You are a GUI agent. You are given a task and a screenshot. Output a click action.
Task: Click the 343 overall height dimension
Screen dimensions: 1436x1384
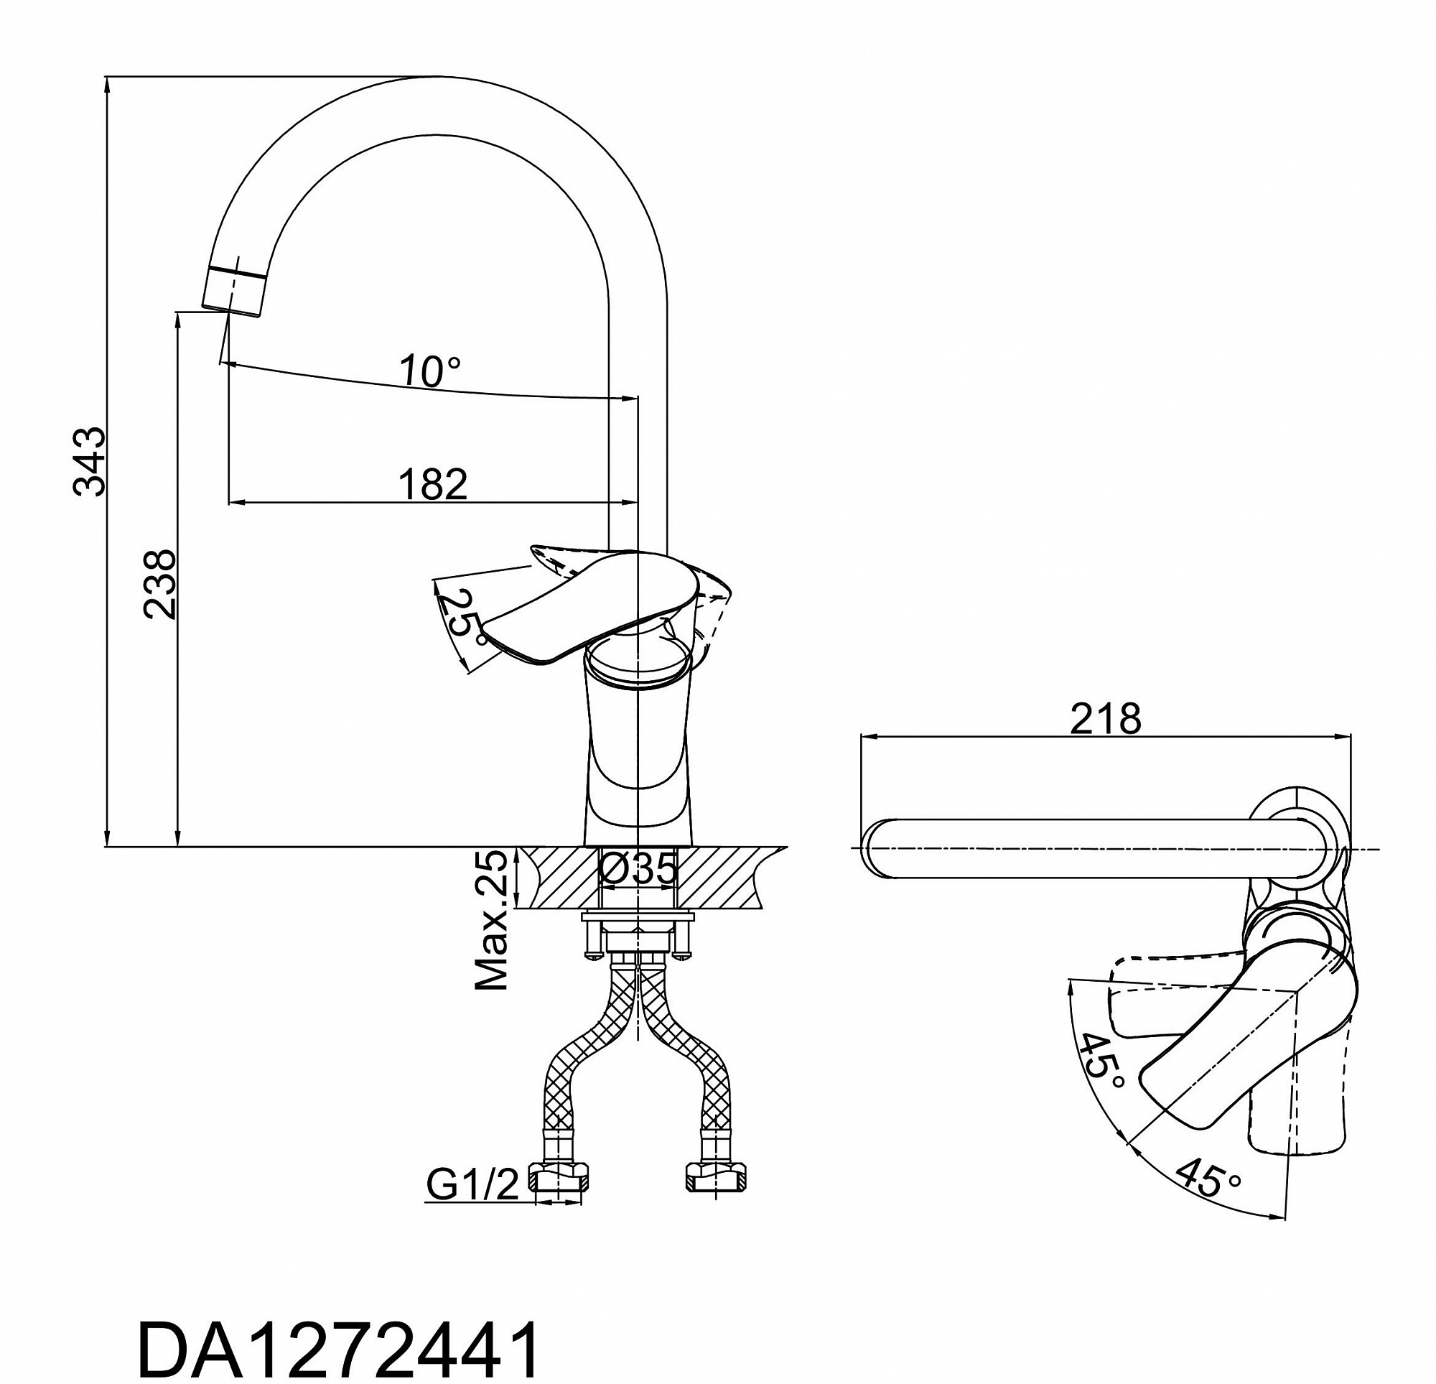pos(90,461)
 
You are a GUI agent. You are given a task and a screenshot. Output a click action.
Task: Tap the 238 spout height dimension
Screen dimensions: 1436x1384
pos(159,584)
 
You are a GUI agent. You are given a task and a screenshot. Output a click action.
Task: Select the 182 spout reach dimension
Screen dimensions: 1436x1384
pos(433,484)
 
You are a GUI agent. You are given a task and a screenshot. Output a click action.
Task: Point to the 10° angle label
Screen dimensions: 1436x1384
pos(431,371)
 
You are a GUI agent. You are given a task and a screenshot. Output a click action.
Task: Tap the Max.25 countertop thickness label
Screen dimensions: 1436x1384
pos(492,920)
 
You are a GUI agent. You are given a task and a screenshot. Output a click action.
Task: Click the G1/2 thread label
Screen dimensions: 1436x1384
pos(472,1184)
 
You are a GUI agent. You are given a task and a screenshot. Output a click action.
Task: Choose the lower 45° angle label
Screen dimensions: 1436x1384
pos(1208,1198)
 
